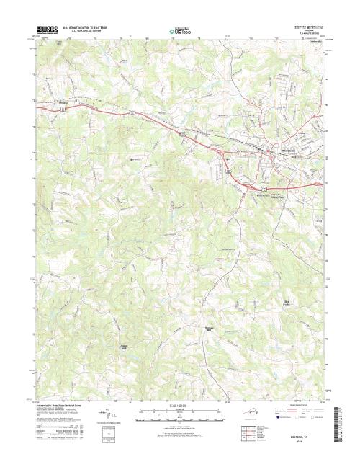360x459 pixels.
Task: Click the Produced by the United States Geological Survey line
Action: point(54,405)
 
